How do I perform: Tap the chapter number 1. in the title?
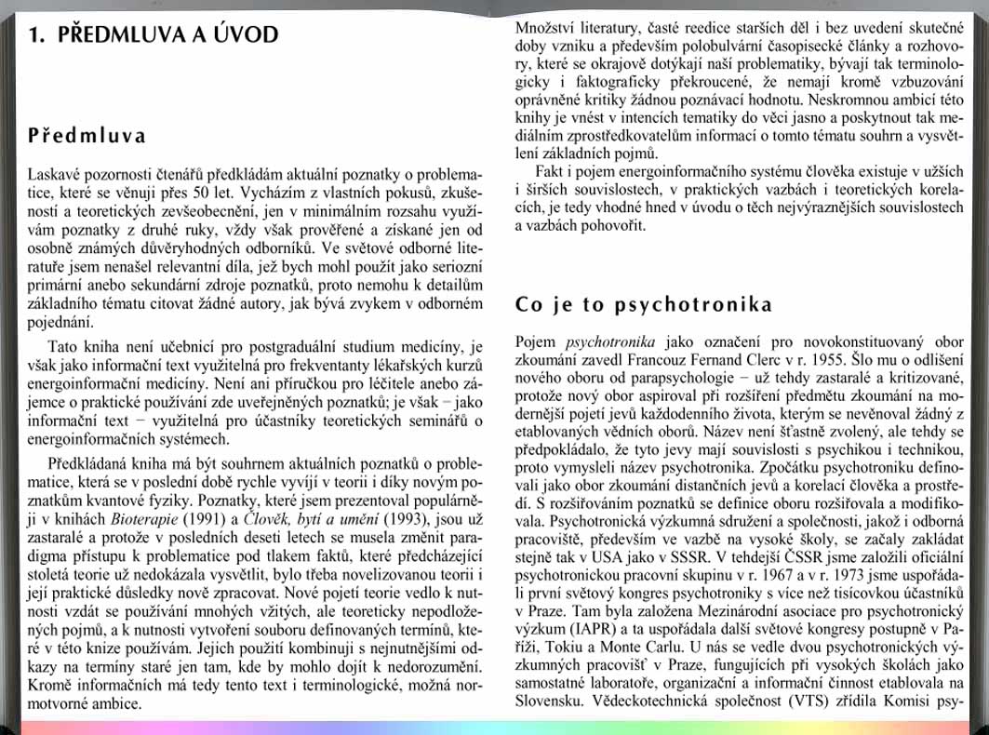pyautogui.click(x=36, y=35)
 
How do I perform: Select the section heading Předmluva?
pyautogui.click(x=87, y=136)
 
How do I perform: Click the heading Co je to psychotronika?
pyautogui.click(x=643, y=304)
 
